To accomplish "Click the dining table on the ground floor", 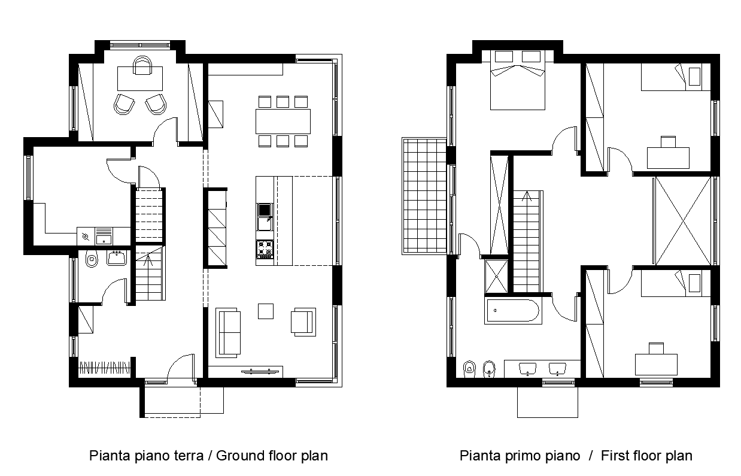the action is pos(283,121).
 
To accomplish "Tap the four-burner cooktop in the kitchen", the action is pos(265,250).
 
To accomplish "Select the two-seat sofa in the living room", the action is pos(228,332).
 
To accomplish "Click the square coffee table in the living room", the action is pos(266,311).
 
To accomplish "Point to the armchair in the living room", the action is pos(303,322).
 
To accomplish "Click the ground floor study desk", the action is pos(140,78).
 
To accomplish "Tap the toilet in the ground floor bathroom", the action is pos(92,259).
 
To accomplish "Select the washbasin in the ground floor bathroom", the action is pos(117,258).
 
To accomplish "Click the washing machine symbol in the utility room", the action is pos(86,237).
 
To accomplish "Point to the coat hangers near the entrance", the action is pos(104,368).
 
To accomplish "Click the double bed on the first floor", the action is pos(517,80).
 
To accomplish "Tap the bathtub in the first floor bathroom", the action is pos(513,311).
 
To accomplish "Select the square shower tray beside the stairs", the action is pos(496,277).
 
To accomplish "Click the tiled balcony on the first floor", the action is pos(424,196).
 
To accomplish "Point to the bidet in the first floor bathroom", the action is pos(488,369).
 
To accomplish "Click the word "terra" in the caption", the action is pos(189,456).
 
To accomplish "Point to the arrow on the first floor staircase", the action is pos(527,196).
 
